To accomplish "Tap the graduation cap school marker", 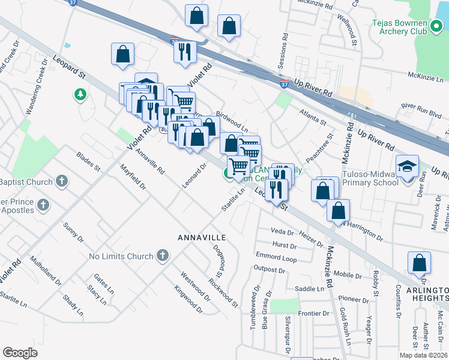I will coord(407,166).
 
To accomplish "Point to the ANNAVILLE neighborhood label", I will coord(201,238).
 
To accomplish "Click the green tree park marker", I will coord(79,95).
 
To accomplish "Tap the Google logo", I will coord(20,353).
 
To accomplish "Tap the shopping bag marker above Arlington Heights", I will coord(419,263).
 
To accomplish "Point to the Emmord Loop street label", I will coord(276,259).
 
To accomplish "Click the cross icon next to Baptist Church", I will coord(61,181).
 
